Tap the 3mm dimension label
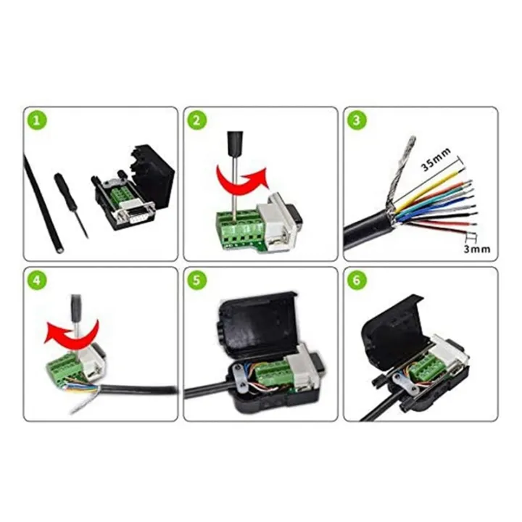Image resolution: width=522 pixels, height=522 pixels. click(x=476, y=249)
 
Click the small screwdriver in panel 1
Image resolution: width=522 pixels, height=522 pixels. click(x=72, y=203)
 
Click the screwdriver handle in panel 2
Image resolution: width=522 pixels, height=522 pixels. click(x=234, y=141)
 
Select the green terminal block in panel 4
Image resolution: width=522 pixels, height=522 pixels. click(x=63, y=370)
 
